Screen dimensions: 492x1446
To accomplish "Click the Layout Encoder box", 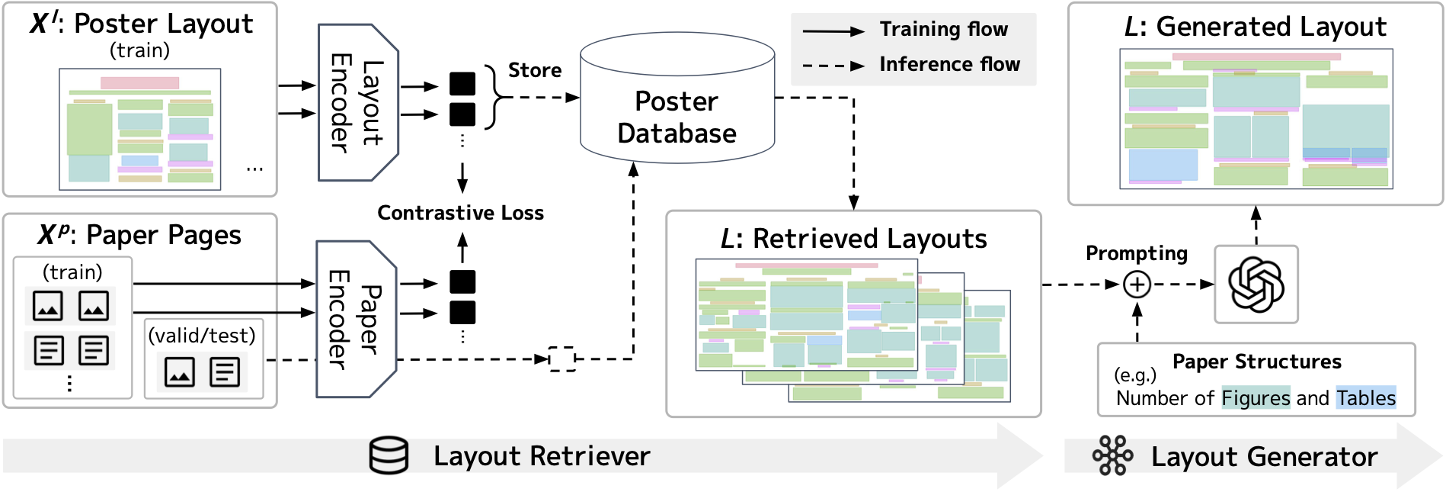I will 357,102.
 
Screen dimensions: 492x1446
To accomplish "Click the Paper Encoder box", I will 356,319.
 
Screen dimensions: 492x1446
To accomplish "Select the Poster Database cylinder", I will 677,99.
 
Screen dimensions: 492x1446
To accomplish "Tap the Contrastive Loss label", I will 460,213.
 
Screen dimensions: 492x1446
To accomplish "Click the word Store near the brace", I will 535,70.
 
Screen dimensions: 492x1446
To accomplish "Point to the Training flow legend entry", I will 943,30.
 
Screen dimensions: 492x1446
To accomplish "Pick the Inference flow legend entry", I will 949,65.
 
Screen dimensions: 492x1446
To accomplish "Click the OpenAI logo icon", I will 1256,285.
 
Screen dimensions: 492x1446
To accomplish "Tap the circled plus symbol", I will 1137,285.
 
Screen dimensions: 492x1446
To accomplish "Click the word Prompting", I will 1136,253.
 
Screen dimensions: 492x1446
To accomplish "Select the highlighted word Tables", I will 1365,398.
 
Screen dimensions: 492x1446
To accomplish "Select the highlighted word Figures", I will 1256,398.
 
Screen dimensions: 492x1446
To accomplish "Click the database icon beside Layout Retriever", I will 389,456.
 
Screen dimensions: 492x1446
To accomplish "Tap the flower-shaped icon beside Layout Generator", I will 1113,456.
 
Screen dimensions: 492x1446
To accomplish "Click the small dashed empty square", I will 562,359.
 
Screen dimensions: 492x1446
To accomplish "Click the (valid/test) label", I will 202,336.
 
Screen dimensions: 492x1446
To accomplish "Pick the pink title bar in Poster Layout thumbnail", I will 139,82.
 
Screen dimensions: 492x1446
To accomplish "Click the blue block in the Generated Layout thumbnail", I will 1163,164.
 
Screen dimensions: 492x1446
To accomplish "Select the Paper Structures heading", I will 1256,362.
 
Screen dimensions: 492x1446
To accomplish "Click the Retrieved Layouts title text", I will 853,240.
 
